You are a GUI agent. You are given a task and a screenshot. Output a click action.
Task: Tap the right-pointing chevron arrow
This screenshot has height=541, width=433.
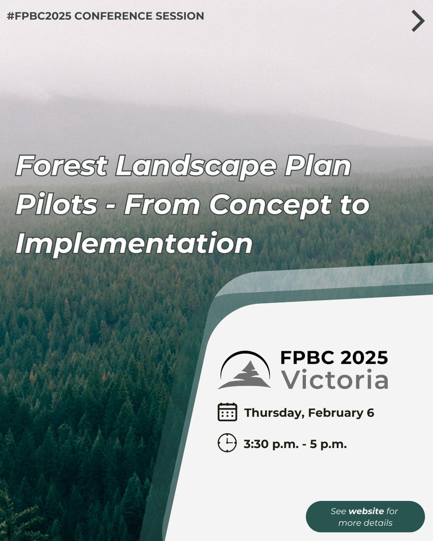pos(418,21)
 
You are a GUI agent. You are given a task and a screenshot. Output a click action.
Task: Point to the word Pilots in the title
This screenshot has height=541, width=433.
pos(56,205)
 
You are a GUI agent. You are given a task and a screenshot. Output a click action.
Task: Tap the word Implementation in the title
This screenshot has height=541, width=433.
pos(134,244)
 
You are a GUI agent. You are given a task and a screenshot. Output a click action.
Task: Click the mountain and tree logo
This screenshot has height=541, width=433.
pos(244,370)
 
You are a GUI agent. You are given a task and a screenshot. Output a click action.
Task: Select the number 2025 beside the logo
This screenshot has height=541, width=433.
pos(360,358)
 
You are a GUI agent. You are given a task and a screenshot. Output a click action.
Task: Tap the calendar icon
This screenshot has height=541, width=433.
pos(227,412)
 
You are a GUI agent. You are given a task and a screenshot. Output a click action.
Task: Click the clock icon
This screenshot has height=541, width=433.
pos(227,443)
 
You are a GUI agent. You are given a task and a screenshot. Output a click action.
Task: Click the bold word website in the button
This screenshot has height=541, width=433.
pos(366,511)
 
